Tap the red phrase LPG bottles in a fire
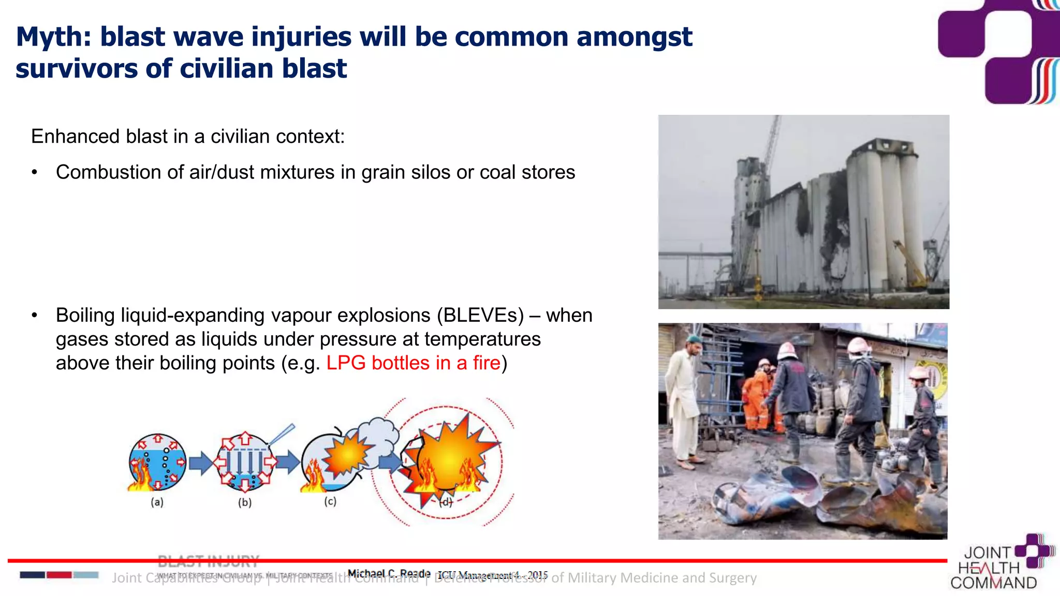[x=413, y=363]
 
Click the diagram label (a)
[x=157, y=502]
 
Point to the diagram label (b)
[x=245, y=502]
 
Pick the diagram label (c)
[x=330, y=501]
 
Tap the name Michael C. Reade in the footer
[x=389, y=573]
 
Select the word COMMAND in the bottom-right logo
[x=993, y=583]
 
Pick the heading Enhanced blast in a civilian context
[x=187, y=137]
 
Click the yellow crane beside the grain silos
[x=911, y=264]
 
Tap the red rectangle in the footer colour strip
[x=59, y=575]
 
